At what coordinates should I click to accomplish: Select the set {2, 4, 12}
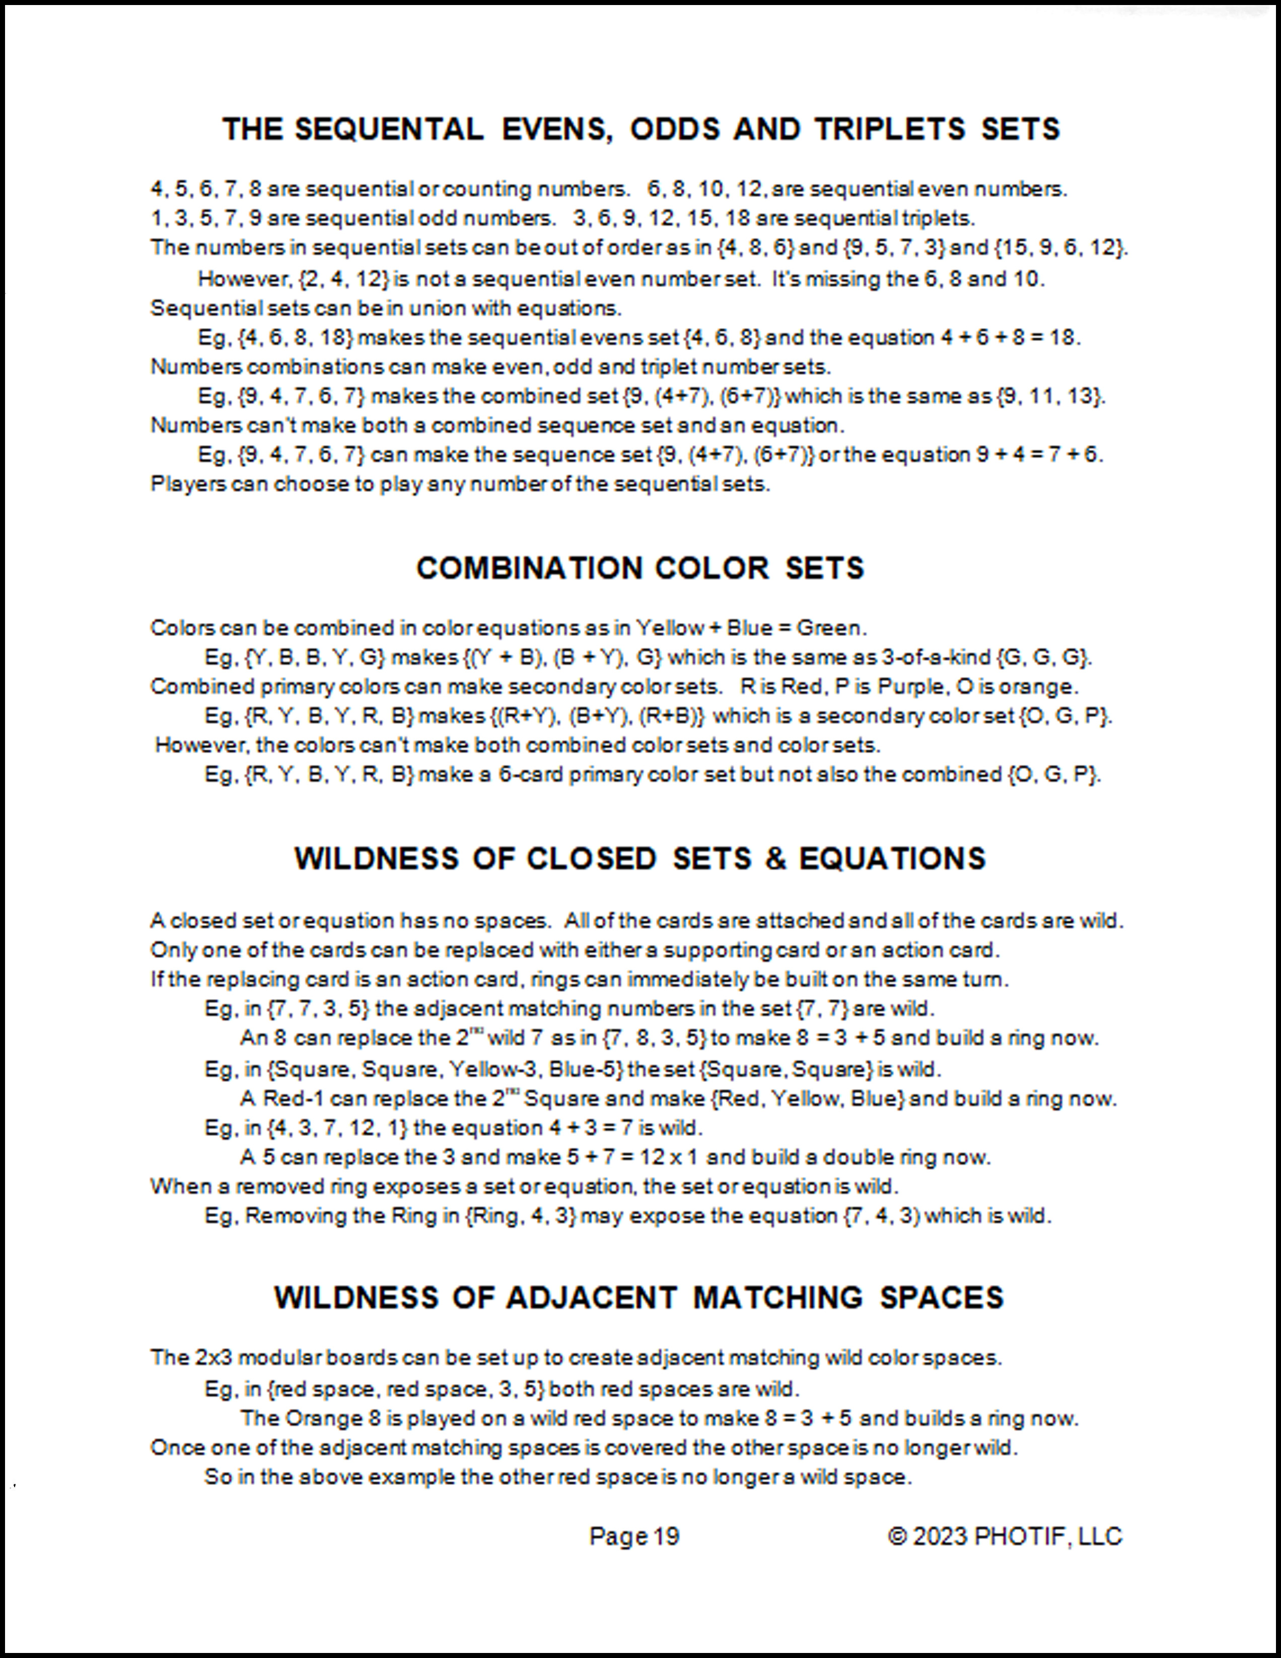(344, 279)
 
